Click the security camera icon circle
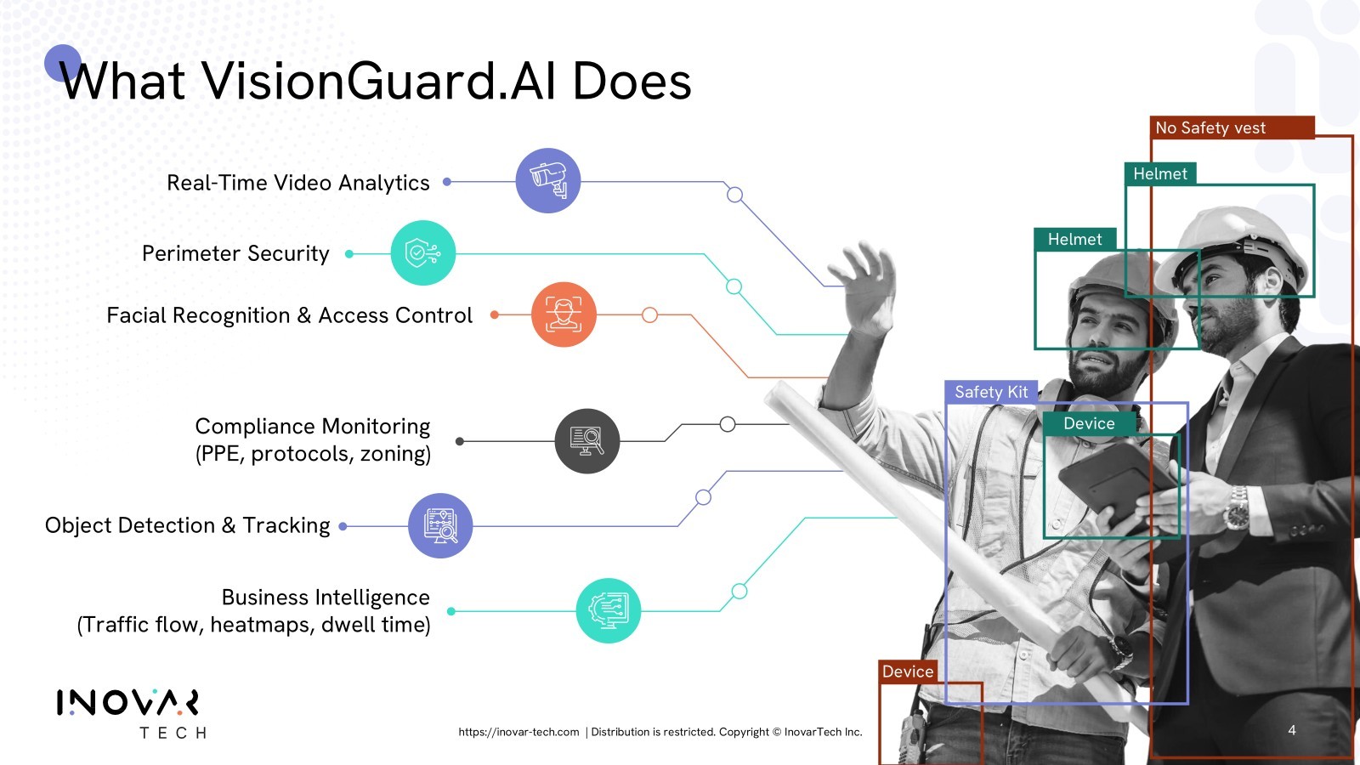[547, 180]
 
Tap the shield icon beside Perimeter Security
[422, 252]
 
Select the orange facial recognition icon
[564, 314]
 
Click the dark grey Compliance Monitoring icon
[587, 441]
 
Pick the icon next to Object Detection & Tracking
[440, 526]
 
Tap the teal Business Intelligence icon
[608, 610]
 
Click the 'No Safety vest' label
[1232, 127]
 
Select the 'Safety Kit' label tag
[991, 392]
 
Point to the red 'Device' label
[908, 671]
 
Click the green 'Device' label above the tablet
[1089, 423]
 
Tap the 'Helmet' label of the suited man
[1160, 173]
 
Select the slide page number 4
[1292, 730]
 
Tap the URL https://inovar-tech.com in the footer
[518, 732]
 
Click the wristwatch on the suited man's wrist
[1236, 507]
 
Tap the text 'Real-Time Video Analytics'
[298, 182]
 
